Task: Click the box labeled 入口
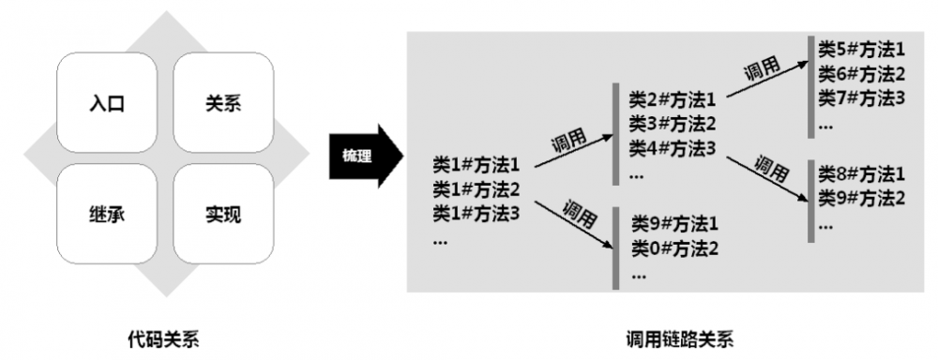[107, 103]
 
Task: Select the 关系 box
[222, 103]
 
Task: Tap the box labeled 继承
[107, 215]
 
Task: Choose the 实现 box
[222, 215]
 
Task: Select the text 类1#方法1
[477, 166]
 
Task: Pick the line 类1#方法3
[477, 213]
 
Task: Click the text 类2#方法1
[673, 99]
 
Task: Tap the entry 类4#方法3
[673, 147]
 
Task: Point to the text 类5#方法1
[861, 49]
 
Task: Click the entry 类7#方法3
[861, 97]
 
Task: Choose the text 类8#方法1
[861, 174]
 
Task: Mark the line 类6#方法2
[861, 73]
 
